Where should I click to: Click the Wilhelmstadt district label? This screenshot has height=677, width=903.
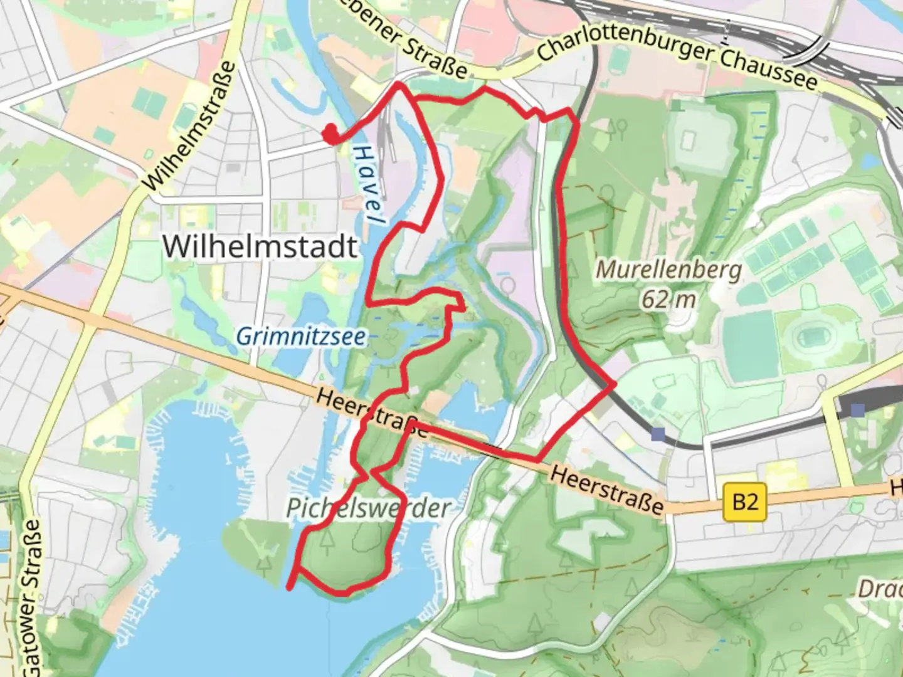point(260,246)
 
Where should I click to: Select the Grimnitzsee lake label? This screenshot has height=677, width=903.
point(301,337)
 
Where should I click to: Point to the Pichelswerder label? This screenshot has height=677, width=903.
point(368,508)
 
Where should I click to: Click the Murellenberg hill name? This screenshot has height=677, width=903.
point(668,270)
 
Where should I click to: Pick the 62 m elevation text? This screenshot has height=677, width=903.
point(668,300)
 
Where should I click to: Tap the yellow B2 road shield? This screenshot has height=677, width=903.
point(745,502)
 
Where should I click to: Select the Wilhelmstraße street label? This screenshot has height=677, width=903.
point(190,126)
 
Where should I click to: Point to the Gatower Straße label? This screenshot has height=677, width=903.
point(32,596)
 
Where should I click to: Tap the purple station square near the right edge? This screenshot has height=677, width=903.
point(857,410)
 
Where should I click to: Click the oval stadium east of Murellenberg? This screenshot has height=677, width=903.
point(815,339)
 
